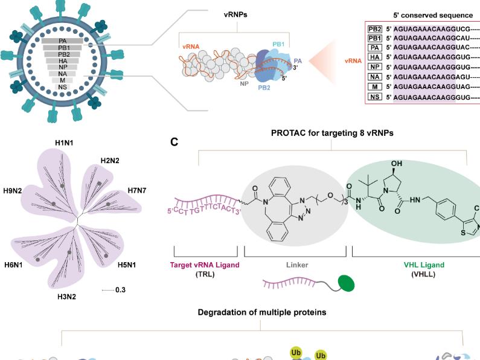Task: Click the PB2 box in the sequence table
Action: (x=374, y=28)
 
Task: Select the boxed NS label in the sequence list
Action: (x=374, y=97)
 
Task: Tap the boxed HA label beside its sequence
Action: (x=374, y=57)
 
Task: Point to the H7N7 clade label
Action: (x=138, y=191)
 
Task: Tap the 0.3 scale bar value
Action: (x=120, y=290)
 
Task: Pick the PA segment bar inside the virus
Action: (x=63, y=40)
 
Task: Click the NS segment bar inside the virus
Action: (x=63, y=87)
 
